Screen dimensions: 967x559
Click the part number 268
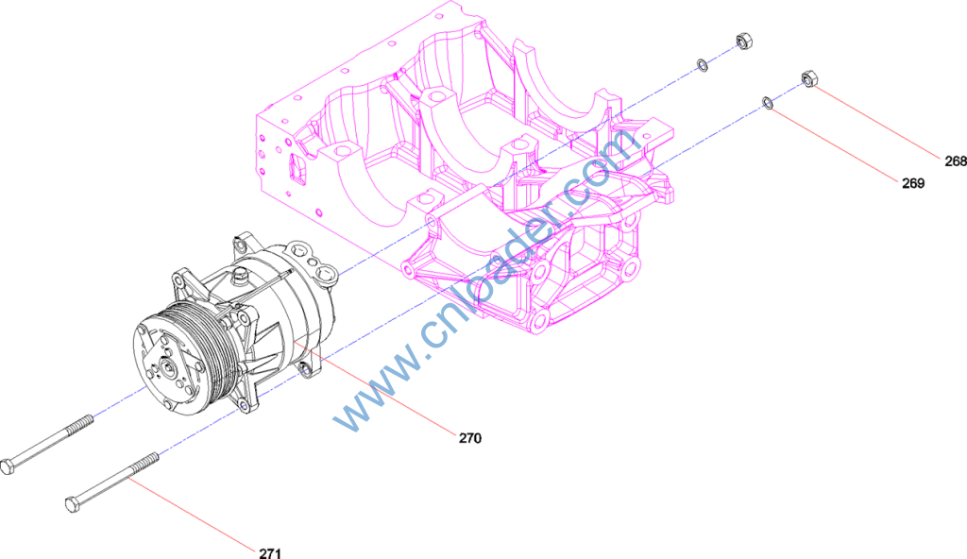point(956,161)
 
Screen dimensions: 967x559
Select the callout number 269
point(913,183)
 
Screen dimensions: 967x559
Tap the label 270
point(470,438)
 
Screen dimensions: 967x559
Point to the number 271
point(270,552)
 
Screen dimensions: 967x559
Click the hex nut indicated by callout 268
point(809,78)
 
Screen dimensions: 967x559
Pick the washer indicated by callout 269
point(767,102)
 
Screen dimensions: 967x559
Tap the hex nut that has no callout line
point(744,42)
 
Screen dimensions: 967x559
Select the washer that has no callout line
point(702,64)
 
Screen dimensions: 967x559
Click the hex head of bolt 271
point(73,504)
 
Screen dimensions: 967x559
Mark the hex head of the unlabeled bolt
point(8,467)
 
